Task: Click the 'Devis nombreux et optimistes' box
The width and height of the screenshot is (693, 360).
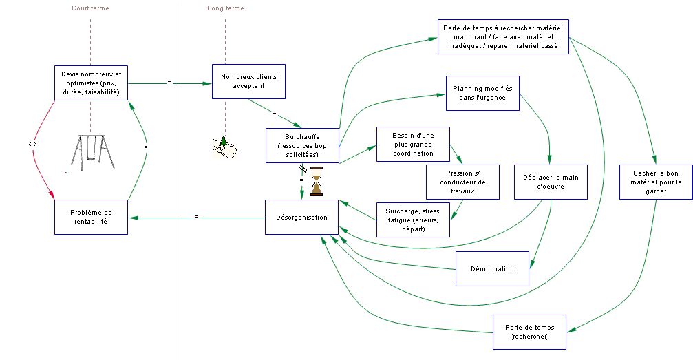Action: click(91, 83)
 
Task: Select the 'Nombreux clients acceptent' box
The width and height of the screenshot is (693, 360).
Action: click(249, 81)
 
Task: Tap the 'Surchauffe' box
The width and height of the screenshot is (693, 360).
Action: click(302, 145)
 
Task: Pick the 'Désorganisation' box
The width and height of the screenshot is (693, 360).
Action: click(302, 217)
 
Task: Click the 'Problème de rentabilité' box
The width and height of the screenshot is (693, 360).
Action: click(91, 217)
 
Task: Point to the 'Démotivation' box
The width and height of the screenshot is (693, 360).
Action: click(492, 269)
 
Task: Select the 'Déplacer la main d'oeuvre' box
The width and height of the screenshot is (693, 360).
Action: click(551, 182)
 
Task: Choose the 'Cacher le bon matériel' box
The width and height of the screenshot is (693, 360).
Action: click(657, 182)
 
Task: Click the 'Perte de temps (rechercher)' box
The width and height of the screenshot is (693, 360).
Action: click(529, 332)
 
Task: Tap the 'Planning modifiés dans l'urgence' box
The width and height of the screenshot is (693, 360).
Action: click(482, 94)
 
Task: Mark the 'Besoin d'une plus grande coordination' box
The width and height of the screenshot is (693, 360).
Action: click(413, 144)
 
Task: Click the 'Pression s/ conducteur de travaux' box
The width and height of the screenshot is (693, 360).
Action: click(462, 182)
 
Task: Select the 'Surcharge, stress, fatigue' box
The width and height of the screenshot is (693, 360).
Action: click(413, 220)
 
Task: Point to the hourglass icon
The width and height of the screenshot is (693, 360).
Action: click(317, 181)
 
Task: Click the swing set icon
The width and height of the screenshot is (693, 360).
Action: click(92, 153)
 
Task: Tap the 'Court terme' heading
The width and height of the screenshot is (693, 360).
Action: click(91, 8)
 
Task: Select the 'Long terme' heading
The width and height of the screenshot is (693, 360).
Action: click(226, 8)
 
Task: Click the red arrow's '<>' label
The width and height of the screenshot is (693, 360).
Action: click(33, 144)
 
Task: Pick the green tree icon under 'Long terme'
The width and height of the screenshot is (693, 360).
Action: click(224, 142)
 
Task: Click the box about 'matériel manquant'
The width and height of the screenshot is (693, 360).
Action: click(503, 36)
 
